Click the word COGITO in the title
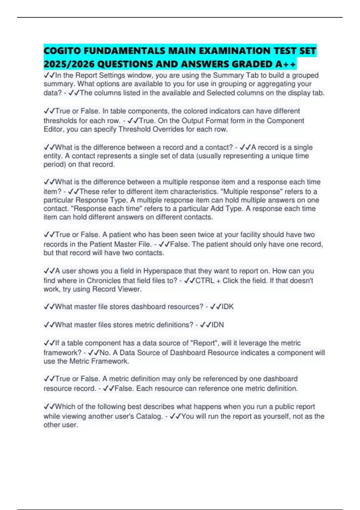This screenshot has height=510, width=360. coord(62,51)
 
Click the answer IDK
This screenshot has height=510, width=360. coord(228,307)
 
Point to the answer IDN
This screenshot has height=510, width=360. coord(218,325)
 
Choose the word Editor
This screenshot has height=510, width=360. coord(53,129)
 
